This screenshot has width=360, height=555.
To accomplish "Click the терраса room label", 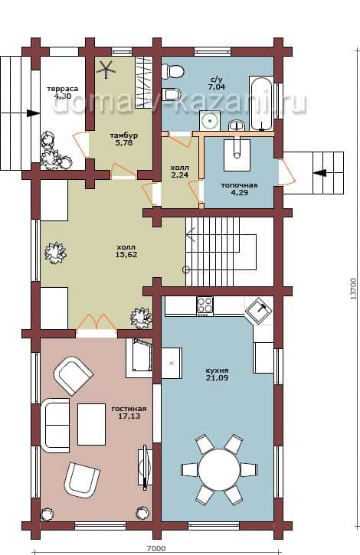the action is click(x=63, y=89).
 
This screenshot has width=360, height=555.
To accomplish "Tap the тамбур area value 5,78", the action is click(x=123, y=143).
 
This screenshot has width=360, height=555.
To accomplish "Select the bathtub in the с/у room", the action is click(x=261, y=103).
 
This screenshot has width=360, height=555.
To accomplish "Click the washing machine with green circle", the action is click(x=210, y=121).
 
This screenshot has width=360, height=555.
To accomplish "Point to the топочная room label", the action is click(x=239, y=185).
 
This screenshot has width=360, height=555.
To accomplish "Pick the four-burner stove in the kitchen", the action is click(x=205, y=305).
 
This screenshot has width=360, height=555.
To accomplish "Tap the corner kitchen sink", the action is click(x=259, y=311).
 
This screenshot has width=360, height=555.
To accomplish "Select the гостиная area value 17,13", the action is click(x=129, y=416).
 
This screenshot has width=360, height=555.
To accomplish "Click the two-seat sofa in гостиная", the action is click(x=55, y=426).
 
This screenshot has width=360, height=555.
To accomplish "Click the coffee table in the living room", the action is click(x=91, y=424).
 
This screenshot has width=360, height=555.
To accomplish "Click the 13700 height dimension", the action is click(x=353, y=289).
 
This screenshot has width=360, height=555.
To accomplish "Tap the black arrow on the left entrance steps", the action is click(x=33, y=113).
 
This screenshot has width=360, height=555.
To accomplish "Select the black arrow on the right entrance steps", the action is click(x=321, y=173).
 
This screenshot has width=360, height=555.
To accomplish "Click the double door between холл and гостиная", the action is click(x=96, y=322).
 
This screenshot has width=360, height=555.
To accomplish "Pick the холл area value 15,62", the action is click(x=126, y=254).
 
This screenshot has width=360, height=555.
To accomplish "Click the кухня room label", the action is click(x=217, y=371).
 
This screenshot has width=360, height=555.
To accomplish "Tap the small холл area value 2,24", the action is click(x=180, y=175).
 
